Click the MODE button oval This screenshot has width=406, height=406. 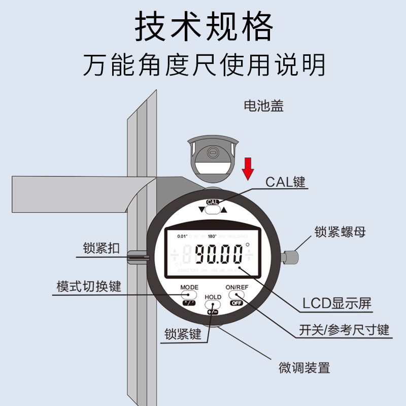click(188, 294)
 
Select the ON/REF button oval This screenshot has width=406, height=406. click(236, 294)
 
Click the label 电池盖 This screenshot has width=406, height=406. click(263, 106)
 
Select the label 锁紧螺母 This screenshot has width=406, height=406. click(340, 232)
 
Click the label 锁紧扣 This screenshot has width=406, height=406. click(101, 249)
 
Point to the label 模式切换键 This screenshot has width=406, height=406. click(89, 286)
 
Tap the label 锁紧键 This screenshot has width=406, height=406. click(183, 334)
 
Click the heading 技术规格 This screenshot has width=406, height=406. click(204, 27)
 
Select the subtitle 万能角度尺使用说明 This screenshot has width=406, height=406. click(204, 65)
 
